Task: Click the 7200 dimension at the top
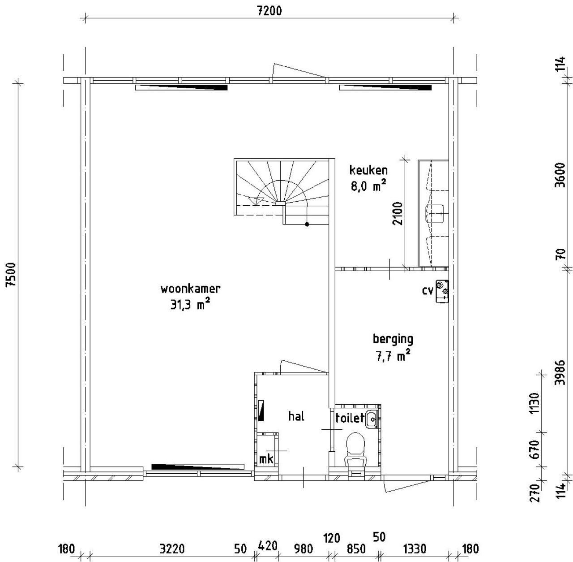point(269,10)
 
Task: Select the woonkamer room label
point(190,289)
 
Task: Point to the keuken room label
point(368,170)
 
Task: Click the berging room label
point(393,339)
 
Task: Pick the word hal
point(296,416)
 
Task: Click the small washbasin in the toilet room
point(372,419)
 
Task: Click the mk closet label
point(266,459)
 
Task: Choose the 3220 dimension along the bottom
point(172,549)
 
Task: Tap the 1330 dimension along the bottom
point(415,549)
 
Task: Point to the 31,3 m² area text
point(190,305)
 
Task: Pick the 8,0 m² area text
point(368,186)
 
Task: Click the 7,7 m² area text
point(393,356)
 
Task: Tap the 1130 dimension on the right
point(534,403)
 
